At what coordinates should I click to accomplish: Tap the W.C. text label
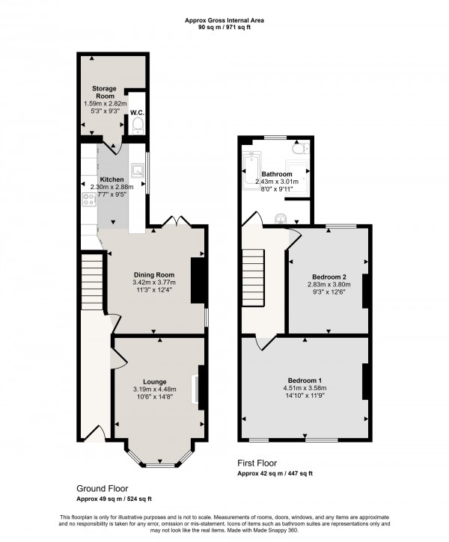[136, 113]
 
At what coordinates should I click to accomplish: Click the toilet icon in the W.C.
[136, 128]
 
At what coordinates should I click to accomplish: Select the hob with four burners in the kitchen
[88, 200]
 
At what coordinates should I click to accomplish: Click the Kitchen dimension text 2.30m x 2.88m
[112, 187]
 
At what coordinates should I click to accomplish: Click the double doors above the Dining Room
[173, 223]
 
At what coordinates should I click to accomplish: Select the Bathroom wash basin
[278, 218]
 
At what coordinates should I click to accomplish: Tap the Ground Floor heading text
[101, 487]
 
